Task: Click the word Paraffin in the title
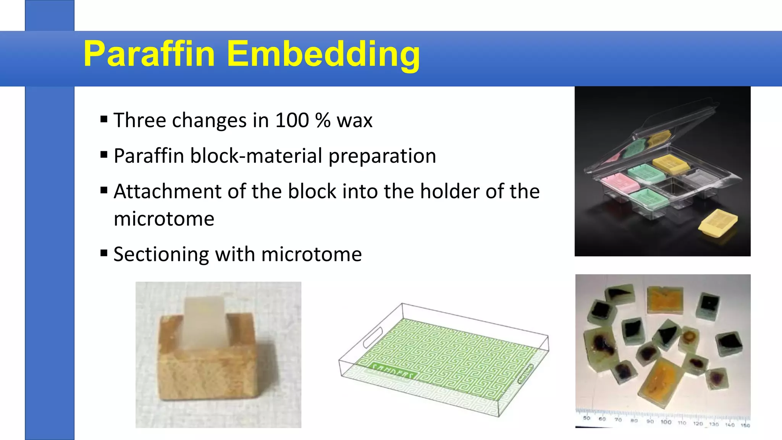(x=149, y=54)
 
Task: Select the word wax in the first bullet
(x=354, y=120)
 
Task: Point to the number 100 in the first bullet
(x=292, y=120)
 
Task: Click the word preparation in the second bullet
(x=382, y=156)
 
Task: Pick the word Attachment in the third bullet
(x=167, y=191)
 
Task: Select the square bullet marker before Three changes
(x=103, y=119)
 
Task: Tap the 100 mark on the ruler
(x=666, y=422)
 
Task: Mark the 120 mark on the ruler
(x=698, y=424)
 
